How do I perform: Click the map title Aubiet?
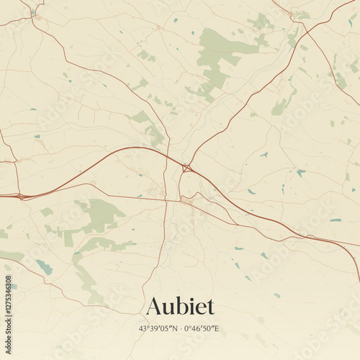[180, 306]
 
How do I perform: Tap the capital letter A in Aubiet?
[153, 307]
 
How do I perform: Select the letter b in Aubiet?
[181, 306]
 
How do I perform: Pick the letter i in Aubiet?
[191, 306]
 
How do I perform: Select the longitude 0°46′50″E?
[202, 329]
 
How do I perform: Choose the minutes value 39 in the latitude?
[153, 329]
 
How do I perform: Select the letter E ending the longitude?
[217, 329]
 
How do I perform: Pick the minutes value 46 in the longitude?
[197, 329]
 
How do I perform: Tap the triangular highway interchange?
[186, 168]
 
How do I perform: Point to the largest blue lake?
[45, 267]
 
